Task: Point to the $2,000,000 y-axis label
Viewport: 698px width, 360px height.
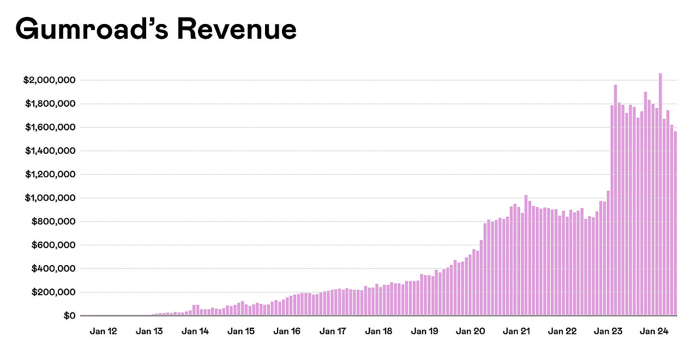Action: (x=49, y=80)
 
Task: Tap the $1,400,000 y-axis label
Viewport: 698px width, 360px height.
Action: (x=49, y=151)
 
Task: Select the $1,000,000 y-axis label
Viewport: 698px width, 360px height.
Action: (x=49, y=198)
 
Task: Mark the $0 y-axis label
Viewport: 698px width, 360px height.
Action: (x=69, y=316)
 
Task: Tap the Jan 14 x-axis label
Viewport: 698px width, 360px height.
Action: (x=195, y=331)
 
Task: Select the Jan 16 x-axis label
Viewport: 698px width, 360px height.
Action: (x=287, y=331)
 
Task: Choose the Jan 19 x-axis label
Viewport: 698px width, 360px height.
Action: (x=424, y=331)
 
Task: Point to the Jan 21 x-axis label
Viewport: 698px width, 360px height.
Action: (x=516, y=331)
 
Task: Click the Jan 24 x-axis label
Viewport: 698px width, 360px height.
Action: (x=654, y=331)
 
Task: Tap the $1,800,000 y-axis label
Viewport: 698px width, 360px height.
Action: (x=49, y=104)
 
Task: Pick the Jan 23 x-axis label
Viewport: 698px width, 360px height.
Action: (x=608, y=331)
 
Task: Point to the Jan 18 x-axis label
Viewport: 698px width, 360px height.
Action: (x=378, y=331)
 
